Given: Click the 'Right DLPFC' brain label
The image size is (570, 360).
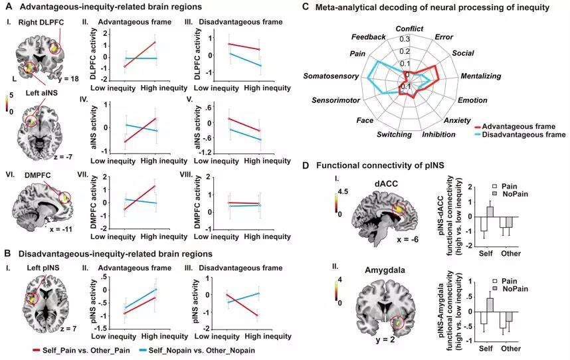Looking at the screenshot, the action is click(41, 22).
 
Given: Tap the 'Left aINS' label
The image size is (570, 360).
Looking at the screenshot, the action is click(41, 93).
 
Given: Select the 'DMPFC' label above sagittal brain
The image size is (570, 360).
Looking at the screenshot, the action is click(38, 175).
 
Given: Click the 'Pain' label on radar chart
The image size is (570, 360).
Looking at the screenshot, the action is click(357, 53).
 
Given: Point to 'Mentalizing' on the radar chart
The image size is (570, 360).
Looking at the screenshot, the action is click(480, 76).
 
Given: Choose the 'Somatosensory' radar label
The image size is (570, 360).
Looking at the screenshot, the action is click(331, 76).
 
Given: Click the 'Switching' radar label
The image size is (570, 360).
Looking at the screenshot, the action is click(394, 134).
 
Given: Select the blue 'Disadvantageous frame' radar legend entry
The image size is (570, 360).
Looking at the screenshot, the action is click(520, 134).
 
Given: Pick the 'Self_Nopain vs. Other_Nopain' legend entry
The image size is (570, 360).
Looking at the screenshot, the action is click(197, 351).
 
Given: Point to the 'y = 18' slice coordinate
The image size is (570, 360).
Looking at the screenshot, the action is click(68, 78).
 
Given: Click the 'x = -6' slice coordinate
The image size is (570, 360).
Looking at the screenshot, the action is click(407, 239).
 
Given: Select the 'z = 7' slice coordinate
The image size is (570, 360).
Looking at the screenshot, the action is click(68, 329).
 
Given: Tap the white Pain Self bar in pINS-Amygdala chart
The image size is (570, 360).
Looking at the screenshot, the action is click(484, 318).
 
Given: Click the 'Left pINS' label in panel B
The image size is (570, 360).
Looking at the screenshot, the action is click(43, 268).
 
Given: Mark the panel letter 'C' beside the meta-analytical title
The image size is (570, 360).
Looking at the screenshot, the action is click(306, 7).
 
